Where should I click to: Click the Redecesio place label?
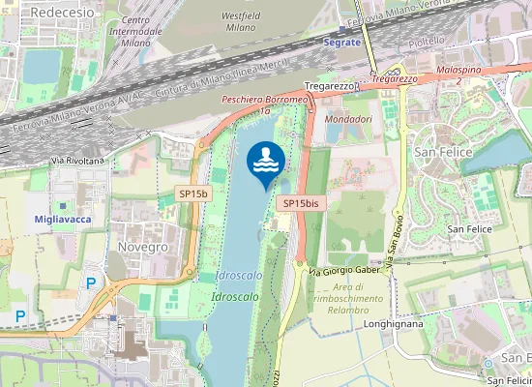pos(63,11)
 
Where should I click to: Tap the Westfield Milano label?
pos(241,22)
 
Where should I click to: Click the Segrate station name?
pos(342,43)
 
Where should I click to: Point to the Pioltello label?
pos(427,42)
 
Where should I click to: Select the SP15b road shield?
pos(193,193)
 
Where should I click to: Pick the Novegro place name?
pos(142,247)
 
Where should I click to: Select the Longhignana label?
pos(395,325)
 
